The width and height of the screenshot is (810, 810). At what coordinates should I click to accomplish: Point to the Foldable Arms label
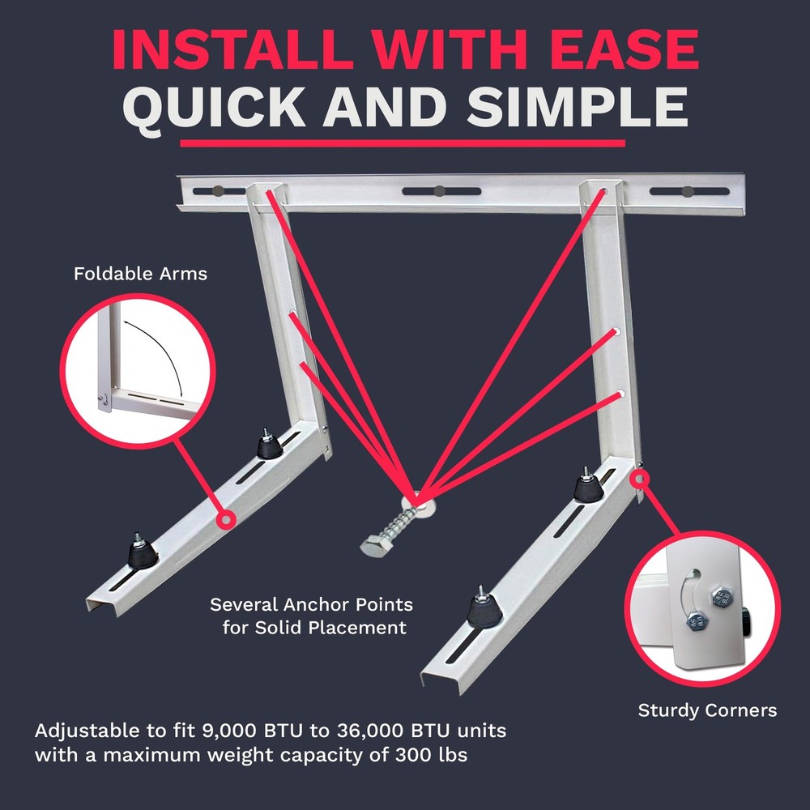coord(140,274)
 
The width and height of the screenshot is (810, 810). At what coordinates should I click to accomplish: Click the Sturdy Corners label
coord(707,710)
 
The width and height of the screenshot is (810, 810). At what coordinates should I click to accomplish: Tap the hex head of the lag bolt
coord(375,546)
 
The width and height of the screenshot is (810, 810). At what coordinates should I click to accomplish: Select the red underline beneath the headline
coord(403,143)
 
